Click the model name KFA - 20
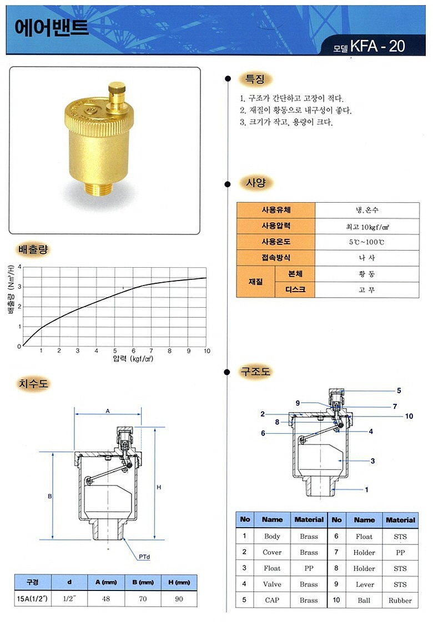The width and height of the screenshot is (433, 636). tap(377, 46)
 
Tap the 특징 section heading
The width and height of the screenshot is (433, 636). tap(255, 79)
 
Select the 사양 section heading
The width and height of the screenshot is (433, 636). tap(255, 183)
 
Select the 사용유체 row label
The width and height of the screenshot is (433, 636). tap(276, 211)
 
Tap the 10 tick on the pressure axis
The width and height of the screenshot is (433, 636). tap(207, 351)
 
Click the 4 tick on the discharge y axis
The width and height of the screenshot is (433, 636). tap(19, 267)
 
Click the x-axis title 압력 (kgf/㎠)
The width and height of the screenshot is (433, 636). tap(133, 359)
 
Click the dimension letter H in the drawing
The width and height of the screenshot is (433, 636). tap(158, 487)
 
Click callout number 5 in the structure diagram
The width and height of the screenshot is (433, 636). tap(398, 391)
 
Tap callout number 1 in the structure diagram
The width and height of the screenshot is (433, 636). tap(366, 490)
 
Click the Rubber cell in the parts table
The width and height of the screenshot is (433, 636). tap(400, 600)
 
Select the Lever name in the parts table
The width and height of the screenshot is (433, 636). tap(364, 584)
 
